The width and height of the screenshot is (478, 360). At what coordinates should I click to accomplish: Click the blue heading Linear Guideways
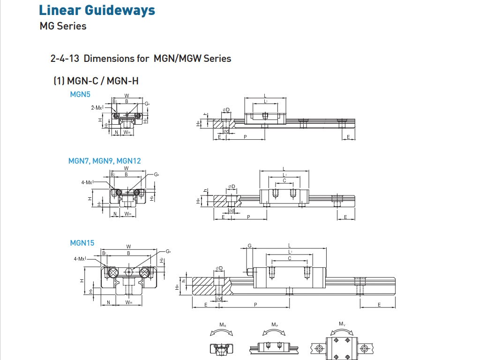click(97, 10)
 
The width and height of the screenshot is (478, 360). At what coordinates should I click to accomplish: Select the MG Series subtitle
click(63, 26)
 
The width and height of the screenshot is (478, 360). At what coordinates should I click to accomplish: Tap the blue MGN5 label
click(80, 95)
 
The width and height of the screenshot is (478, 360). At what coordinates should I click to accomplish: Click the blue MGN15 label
click(82, 243)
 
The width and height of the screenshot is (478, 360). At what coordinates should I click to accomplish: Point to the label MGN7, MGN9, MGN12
click(105, 161)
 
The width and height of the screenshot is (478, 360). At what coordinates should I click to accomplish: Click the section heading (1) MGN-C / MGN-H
click(96, 81)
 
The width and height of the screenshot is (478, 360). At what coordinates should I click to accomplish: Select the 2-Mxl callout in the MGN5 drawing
click(97, 107)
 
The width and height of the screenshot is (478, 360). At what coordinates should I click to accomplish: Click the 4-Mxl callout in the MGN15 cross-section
click(79, 258)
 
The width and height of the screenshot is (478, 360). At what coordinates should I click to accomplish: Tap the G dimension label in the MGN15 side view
click(250, 246)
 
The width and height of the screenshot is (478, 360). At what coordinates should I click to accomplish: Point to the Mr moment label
click(223, 324)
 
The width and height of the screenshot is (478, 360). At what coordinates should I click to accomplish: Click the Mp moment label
click(275, 324)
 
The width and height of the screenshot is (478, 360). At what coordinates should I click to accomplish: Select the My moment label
click(342, 324)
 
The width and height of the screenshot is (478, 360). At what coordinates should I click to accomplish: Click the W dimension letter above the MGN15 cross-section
click(128, 247)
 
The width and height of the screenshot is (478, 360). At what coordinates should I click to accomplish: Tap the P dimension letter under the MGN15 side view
click(255, 305)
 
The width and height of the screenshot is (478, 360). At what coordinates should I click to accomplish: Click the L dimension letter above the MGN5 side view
click(265, 96)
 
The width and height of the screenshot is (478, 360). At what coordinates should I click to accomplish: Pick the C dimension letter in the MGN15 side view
click(290, 258)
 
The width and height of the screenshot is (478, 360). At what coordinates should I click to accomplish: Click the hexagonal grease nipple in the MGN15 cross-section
click(129, 272)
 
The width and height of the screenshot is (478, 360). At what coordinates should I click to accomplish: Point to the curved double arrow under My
click(342, 331)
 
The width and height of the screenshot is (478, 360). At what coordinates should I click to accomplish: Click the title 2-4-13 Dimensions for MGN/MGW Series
click(141, 59)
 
